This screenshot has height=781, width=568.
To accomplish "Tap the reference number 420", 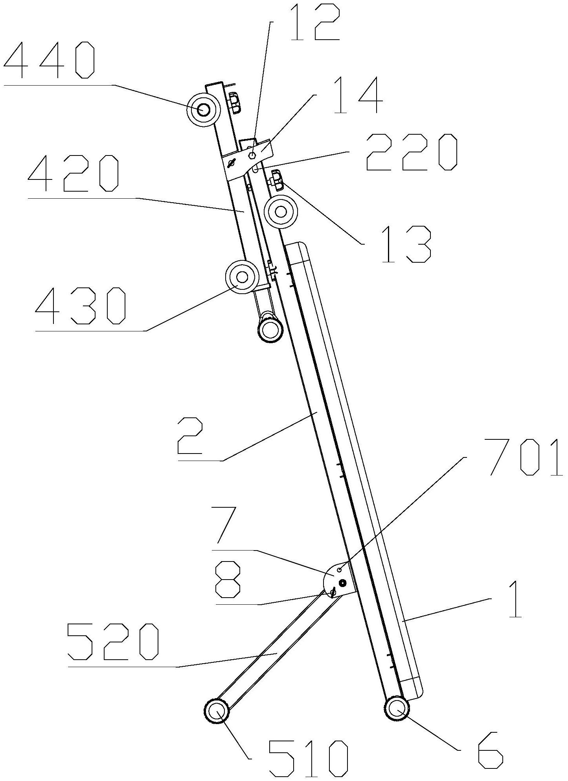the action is pyautogui.click(x=74, y=174).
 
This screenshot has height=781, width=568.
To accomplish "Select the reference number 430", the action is pyautogui.click(x=81, y=305).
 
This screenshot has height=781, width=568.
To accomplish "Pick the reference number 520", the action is pyautogui.click(x=113, y=643).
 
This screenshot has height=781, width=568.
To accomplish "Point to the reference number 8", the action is pyautogui.click(x=228, y=579).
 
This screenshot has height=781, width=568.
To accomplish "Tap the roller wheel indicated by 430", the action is pyautogui.click(x=242, y=277).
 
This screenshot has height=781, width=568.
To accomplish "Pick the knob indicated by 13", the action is pyautogui.click(x=276, y=180).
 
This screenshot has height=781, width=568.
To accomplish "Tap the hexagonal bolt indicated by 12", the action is pyautogui.click(x=252, y=155).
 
